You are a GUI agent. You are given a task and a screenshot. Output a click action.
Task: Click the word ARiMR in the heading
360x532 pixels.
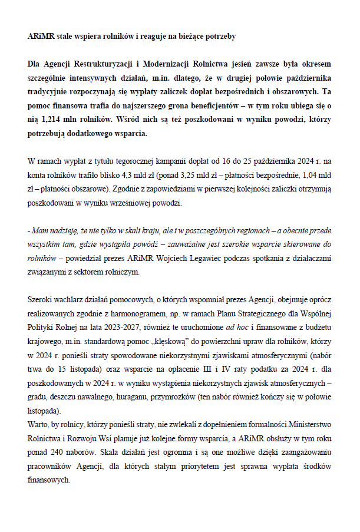(x=39, y=36)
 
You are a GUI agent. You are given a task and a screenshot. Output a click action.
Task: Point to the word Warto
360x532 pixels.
(x=38, y=423)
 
